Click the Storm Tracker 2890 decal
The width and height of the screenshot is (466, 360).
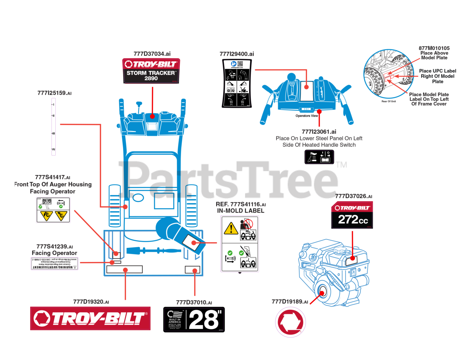151,71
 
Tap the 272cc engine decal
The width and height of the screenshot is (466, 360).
352,215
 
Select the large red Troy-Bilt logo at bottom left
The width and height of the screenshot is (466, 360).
90,319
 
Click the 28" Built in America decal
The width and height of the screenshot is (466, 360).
194,320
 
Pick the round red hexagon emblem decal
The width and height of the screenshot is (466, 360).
290,322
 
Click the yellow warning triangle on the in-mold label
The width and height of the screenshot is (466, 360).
231,229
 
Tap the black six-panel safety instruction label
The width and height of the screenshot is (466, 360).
237,83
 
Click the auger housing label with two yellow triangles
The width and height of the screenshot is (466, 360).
53,210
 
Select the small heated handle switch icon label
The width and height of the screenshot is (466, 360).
319,157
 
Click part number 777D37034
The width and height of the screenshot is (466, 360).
152,54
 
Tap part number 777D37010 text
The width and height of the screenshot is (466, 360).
194,302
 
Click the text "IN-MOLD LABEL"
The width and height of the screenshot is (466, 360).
241,211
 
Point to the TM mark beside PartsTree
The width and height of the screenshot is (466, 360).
341,165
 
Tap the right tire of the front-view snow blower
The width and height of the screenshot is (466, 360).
191,206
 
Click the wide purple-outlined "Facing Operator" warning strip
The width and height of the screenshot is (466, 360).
54,264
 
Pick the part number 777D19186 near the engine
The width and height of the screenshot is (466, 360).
289,302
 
